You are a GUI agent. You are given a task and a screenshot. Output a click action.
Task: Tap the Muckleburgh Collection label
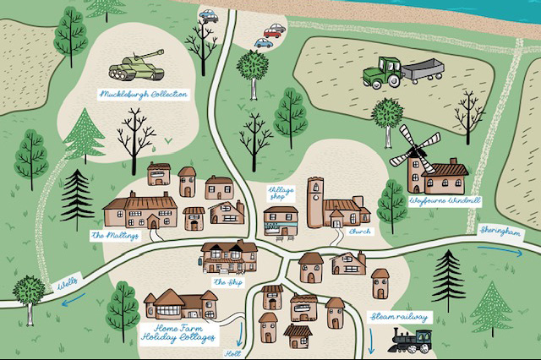click(143, 94)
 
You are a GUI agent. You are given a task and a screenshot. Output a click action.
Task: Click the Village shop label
click(281, 194)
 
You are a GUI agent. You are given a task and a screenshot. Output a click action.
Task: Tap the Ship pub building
click(229, 255)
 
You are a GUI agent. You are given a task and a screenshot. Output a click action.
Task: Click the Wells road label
click(68, 279)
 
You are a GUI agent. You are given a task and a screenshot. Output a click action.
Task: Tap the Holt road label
click(232, 354)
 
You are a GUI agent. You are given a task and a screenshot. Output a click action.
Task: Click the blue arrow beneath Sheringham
click(506, 249)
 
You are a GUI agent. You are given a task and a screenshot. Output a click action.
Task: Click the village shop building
click(281, 220)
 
